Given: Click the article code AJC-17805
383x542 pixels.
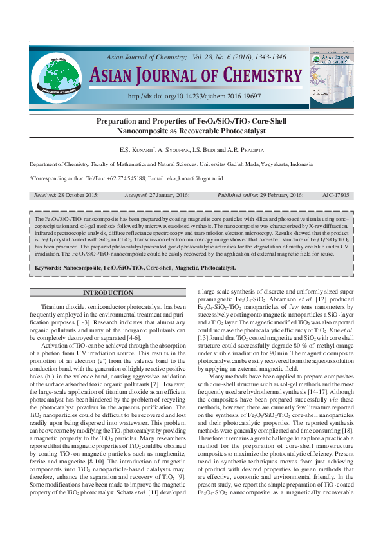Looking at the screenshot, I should pyautogui.click(x=337, y=194).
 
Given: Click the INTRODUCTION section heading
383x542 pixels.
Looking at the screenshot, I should pyautogui.click(x=108, y=293).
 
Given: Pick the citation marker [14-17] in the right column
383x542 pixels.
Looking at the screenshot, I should pyautogui.click(x=318, y=391).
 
